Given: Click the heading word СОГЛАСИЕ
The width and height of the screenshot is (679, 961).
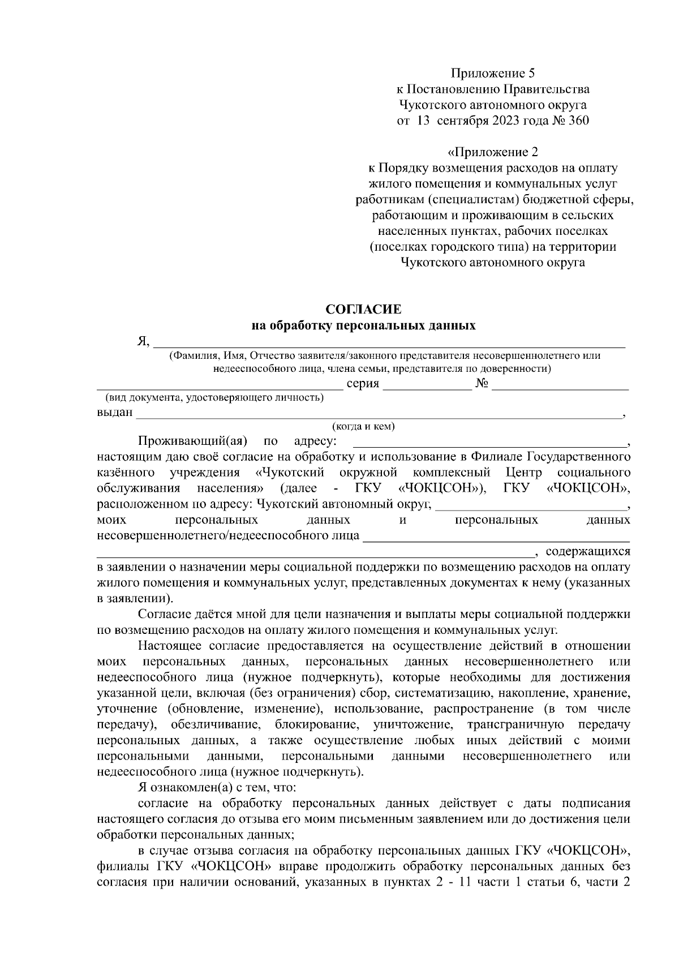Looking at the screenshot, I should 363,309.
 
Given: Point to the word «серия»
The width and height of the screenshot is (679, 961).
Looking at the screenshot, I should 363,383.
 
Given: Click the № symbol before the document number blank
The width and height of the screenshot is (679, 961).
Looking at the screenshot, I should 482,383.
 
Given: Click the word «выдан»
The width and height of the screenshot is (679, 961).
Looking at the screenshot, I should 115,413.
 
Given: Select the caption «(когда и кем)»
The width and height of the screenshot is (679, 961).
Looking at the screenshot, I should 363,426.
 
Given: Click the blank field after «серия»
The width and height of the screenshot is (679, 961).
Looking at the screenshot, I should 427,386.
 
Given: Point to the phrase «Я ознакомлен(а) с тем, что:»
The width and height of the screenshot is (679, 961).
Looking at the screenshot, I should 215,787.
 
